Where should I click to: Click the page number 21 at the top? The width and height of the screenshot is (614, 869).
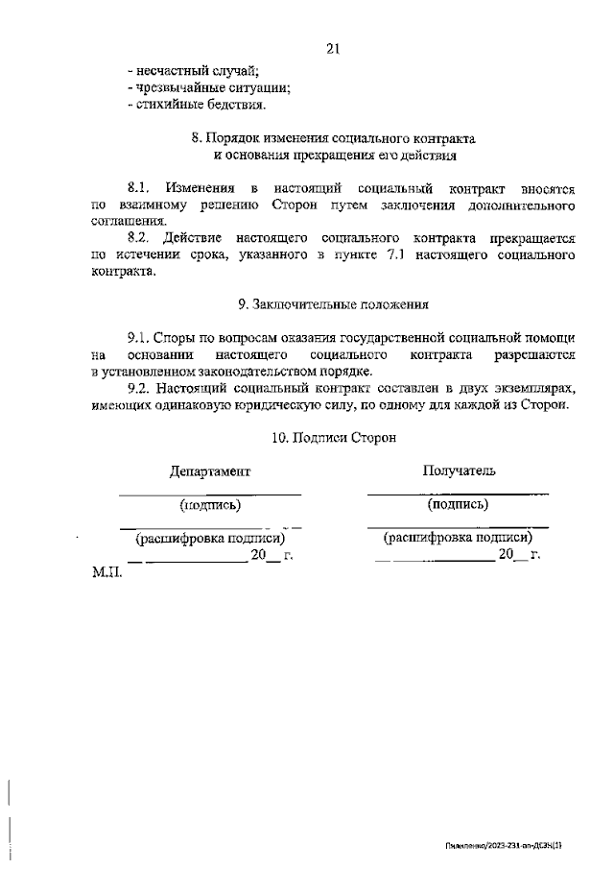[x=333, y=49]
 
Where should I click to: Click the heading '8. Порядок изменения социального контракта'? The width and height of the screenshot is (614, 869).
[x=334, y=138]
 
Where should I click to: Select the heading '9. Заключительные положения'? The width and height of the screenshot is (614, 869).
[x=333, y=304]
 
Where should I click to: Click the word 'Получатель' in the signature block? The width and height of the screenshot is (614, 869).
[x=459, y=471]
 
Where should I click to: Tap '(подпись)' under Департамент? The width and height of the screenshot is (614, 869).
[x=210, y=504]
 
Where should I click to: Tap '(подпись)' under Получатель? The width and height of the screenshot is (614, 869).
[x=458, y=503]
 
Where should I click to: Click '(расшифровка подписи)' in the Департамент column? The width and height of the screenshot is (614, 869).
[x=210, y=539]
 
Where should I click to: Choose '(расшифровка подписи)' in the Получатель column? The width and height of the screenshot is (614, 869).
[x=458, y=539]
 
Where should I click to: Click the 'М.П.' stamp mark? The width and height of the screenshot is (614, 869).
[x=107, y=573]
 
